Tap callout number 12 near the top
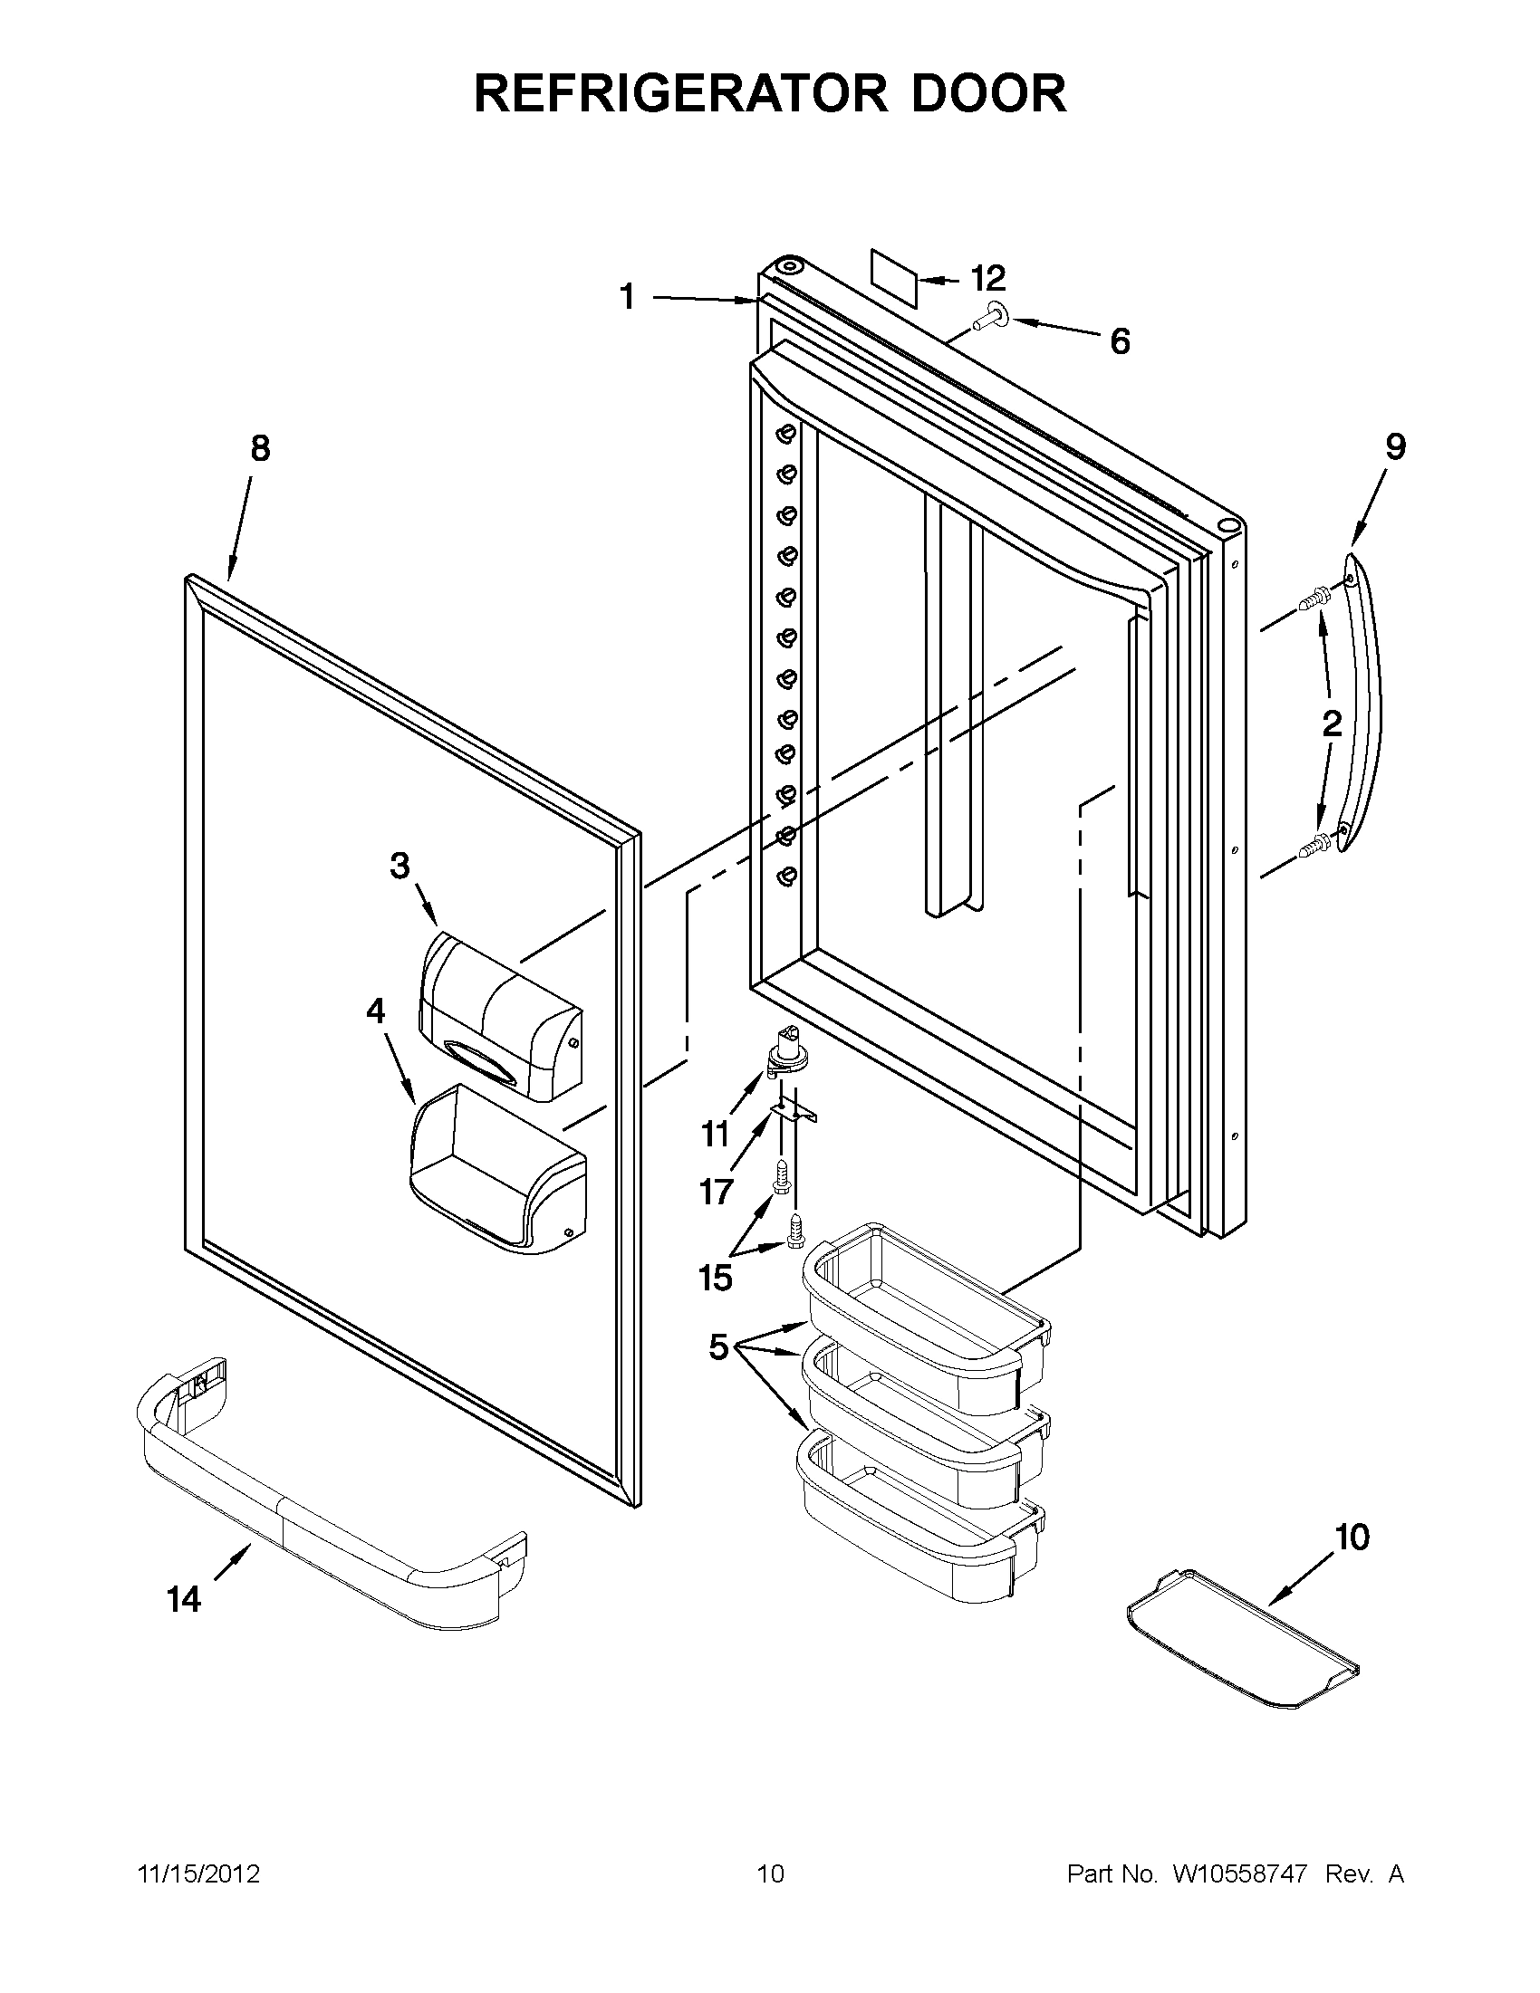click(x=987, y=276)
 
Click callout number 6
click(x=1120, y=341)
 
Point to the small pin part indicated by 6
click(x=990, y=316)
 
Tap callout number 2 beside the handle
click(x=1332, y=723)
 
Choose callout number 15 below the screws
click(x=716, y=1277)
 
